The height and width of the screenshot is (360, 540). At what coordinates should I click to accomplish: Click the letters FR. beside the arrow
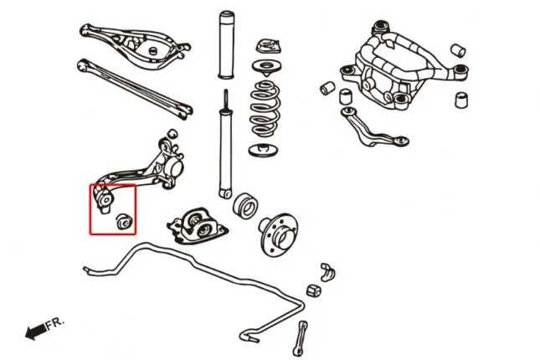coord(53,322)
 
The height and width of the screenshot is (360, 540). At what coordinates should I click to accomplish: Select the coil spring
coord(268,110)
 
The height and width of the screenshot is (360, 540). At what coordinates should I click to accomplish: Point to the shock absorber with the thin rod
coord(224,151)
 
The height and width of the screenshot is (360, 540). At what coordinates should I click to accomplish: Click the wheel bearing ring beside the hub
coord(245,206)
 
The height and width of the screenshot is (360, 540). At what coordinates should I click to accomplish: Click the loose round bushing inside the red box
coord(123,220)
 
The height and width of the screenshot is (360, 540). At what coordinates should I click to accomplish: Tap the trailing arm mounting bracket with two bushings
coord(198,225)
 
